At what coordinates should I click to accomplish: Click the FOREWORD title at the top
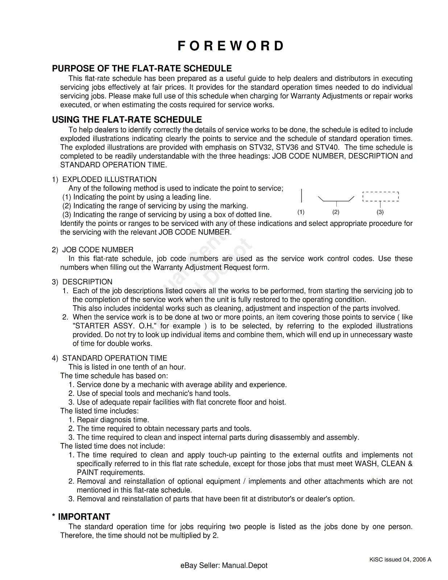click(x=231, y=46)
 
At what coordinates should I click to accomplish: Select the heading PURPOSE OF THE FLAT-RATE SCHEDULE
click(x=142, y=69)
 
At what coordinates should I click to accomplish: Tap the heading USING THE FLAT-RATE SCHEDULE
click(x=127, y=120)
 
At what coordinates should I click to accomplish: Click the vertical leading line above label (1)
click(x=302, y=195)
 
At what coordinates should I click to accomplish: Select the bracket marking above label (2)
click(x=336, y=199)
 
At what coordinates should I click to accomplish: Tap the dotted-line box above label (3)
click(x=381, y=196)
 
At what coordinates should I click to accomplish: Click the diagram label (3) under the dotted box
click(x=380, y=212)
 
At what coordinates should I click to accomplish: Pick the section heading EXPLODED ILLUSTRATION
click(x=109, y=179)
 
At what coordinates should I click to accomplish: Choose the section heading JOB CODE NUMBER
click(x=98, y=250)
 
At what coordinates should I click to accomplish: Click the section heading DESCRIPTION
click(x=87, y=282)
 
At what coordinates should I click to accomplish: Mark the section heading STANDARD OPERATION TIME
click(x=115, y=358)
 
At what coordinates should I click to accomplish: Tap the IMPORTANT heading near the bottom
click(x=84, y=517)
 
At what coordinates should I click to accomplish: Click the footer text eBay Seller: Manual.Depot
click(x=224, y=565)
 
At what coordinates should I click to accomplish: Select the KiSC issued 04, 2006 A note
click(x=400, y=559)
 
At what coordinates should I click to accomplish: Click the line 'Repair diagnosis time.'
click(x=113, y=420)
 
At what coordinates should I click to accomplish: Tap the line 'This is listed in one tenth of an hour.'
click(x=127, y=367)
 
